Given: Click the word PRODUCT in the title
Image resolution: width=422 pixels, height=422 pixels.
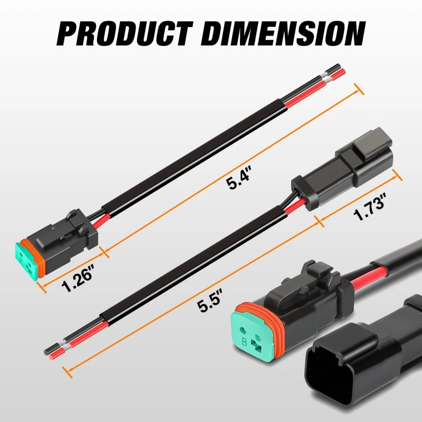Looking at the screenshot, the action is pos(124,34).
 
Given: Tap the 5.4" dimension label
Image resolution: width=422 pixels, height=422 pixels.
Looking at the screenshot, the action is pos(239,178).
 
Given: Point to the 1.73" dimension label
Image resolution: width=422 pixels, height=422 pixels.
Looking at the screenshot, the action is pos(370,207).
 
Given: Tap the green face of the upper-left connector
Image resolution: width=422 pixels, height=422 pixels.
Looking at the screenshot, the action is pos(26,262).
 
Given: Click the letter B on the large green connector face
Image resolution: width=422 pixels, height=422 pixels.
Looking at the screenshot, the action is pos(244,342).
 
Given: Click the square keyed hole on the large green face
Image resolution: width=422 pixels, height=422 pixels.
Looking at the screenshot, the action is pos(256,346).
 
